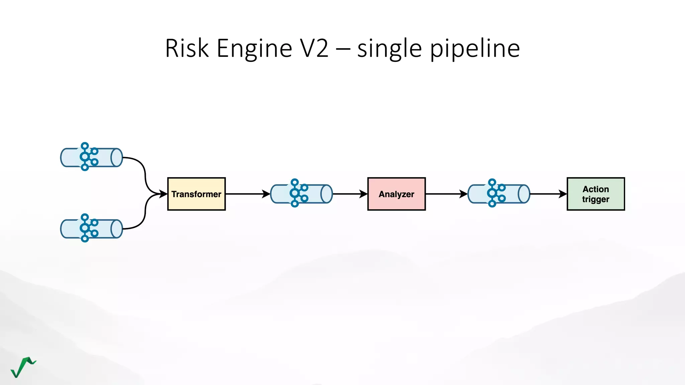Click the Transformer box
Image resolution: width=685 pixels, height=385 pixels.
pos(196,194)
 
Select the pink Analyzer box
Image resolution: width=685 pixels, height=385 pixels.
pos(396,194)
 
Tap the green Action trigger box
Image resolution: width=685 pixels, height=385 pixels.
pos(596,194)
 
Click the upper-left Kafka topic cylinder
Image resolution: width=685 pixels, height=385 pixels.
pos(91,157)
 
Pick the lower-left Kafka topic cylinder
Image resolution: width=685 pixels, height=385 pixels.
pos(91,229)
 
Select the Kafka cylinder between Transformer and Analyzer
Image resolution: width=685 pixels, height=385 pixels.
pos(301,194)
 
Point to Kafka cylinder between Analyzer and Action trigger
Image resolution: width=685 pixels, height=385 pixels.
pos(499,194)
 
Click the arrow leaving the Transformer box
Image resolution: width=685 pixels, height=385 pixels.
pos(246,194)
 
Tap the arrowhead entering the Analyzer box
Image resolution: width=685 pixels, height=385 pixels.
pos(363,194)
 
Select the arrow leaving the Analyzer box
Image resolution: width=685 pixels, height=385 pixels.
pos(445,194)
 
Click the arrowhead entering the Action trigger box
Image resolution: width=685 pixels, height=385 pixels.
pos(563,194)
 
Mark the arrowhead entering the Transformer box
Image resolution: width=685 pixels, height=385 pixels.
pos(163,194)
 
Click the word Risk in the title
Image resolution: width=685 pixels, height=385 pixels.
pos(187,48)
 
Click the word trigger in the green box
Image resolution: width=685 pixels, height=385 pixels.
pos(596,200)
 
